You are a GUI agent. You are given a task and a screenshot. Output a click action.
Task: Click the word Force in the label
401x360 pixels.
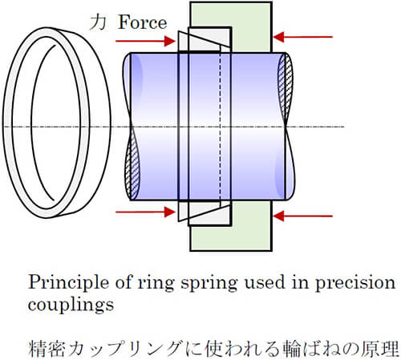143,22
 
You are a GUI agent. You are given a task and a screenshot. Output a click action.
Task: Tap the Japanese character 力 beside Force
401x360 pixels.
98,22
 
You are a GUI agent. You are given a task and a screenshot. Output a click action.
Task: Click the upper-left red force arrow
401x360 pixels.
145,41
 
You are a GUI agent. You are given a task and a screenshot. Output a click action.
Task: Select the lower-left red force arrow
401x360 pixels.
145,212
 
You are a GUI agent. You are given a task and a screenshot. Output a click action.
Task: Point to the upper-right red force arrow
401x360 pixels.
302,37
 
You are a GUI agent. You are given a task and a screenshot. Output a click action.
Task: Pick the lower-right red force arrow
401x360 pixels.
302,216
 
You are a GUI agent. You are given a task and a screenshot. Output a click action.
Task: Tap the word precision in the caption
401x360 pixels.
355,283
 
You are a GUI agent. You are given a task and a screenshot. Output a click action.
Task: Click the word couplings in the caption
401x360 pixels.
71,305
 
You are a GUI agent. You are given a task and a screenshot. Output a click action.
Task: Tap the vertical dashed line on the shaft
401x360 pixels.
220,126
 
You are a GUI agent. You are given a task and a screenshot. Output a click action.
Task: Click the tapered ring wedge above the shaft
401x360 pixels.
204,41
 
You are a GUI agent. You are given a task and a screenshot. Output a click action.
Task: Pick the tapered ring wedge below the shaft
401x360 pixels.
204,211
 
